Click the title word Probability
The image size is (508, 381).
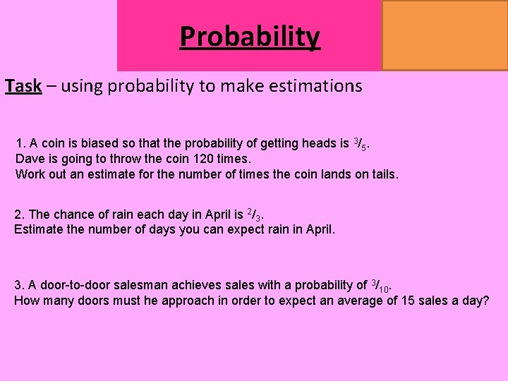250,36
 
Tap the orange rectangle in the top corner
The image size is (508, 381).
445,35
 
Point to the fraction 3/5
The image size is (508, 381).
359,145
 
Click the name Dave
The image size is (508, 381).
30,159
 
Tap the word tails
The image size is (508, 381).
381,173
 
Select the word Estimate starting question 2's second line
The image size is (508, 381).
40,229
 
